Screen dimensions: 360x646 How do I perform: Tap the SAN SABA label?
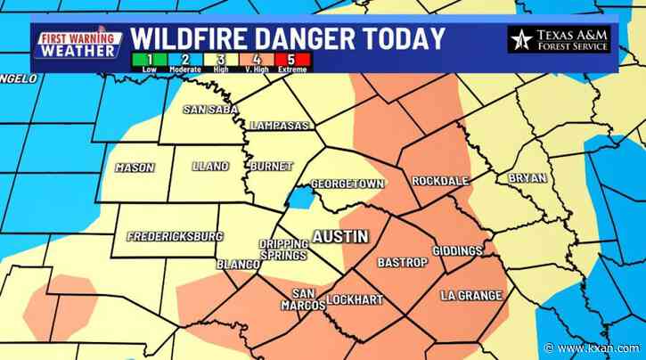(x=209, y=110)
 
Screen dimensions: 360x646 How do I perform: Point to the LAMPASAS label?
(x=280, y=126)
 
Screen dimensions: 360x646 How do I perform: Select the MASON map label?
(x=135, y=168)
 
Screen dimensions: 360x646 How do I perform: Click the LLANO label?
(x=210, y=167)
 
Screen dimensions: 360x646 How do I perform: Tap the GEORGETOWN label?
(x=348, y=184)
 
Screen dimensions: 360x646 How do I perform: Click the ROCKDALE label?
(x=440, y=181)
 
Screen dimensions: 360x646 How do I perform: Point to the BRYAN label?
(x=527, y=178)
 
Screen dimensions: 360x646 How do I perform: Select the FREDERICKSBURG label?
(x=176, y=237)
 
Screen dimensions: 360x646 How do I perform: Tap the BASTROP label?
(x=397, y=263)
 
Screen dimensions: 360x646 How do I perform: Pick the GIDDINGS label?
(x=456, y=250)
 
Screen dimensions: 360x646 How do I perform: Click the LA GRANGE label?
(x=471, y=295)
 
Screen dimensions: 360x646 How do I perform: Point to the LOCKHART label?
(x=354, y=299)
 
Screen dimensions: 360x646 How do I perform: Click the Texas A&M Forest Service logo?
(x=559, y=39)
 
